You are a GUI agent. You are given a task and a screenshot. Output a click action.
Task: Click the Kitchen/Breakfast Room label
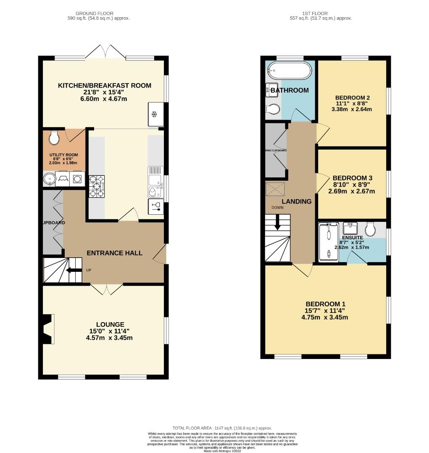click(104, 86)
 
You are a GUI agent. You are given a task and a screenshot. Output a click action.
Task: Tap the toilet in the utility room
click(54, 136)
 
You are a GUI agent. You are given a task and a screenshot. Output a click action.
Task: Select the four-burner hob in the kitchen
click(97, 186)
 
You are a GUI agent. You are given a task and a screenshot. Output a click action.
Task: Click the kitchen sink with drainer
click(155, 181)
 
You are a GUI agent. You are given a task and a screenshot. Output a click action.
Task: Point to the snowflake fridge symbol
click(154, 114)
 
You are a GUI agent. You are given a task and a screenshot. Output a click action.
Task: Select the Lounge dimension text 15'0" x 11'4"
click(110, 331)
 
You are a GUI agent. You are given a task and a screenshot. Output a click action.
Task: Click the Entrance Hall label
click(114, 253)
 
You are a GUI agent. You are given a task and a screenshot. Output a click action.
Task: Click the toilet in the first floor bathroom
click(273, 109)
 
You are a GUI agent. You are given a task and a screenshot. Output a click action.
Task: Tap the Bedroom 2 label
click(352, 98)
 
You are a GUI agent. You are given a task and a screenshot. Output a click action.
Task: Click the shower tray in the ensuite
click(328, 242)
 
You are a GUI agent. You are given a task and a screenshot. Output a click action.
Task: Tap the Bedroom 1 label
click(325, 304)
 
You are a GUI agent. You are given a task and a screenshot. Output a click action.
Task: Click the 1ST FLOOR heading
click(320, 13)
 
